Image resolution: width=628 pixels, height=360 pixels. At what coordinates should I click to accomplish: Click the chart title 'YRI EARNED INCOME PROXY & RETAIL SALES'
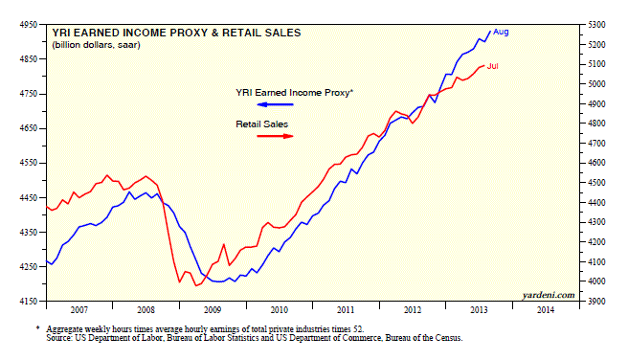click(x=176, y=33)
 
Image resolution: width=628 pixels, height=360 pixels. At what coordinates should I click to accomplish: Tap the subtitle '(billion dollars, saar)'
click(x=96, y=45)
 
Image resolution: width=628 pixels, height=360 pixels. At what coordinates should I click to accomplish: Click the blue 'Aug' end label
click(x=501, y=32)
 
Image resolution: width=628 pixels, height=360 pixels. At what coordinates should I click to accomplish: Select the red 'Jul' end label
click(x=493, y=66)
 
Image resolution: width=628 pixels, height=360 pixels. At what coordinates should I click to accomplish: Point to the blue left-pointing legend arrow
click(x=275, y=104)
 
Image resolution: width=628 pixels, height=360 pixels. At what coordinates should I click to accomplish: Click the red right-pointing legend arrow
click(x=275, y=136)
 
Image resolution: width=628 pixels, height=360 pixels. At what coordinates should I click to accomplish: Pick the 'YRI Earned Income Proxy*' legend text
click(x=295, y=93)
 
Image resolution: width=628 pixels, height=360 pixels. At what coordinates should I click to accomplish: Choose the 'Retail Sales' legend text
click(x=262, y=124)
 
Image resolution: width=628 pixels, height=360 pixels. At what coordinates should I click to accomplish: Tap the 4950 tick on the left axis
click(x=28, y=25)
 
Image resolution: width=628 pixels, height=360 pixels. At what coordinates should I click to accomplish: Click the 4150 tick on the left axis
click(x=28, y=302)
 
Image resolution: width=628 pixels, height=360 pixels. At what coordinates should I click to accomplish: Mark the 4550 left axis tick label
click(x=28, y=163)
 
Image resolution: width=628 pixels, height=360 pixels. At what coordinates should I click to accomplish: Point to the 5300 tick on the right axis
click(x=596, y=25)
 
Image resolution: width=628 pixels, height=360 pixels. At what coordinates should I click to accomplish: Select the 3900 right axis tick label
click(x=596, y=302)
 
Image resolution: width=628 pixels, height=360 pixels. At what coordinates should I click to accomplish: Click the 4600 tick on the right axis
click(x=596, y=163)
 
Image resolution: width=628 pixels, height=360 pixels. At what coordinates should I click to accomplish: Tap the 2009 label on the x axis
click(x=213, y=310)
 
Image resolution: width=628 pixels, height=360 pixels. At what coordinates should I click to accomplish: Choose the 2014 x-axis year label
click(x=546, y=310)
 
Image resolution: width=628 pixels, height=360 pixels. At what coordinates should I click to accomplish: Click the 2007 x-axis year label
click(x=78, y=310)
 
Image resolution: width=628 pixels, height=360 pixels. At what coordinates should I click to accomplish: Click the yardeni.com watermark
click(x=549, y=295)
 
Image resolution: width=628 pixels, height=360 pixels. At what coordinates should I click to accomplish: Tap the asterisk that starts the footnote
click(x=37, y=328)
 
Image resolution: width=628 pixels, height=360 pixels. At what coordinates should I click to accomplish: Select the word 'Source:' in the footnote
click(x=58, y=338)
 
